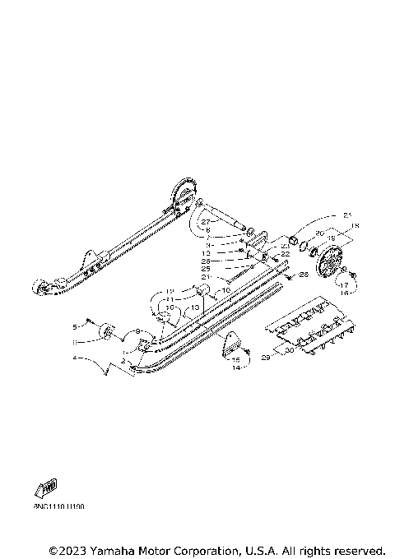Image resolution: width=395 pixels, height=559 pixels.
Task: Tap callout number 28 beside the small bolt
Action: click(304, 274)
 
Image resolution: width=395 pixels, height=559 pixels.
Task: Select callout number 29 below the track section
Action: click(265, 358)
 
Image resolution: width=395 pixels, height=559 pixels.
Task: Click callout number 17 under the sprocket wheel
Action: click(344, 284)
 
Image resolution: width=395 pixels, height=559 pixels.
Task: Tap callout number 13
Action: click(195, 307)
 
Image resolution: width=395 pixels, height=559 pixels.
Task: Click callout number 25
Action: click(206, 268)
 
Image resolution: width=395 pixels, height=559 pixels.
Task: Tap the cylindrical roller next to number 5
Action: click(107, 333)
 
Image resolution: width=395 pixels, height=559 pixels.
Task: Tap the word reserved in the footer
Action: click(355, 550)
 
